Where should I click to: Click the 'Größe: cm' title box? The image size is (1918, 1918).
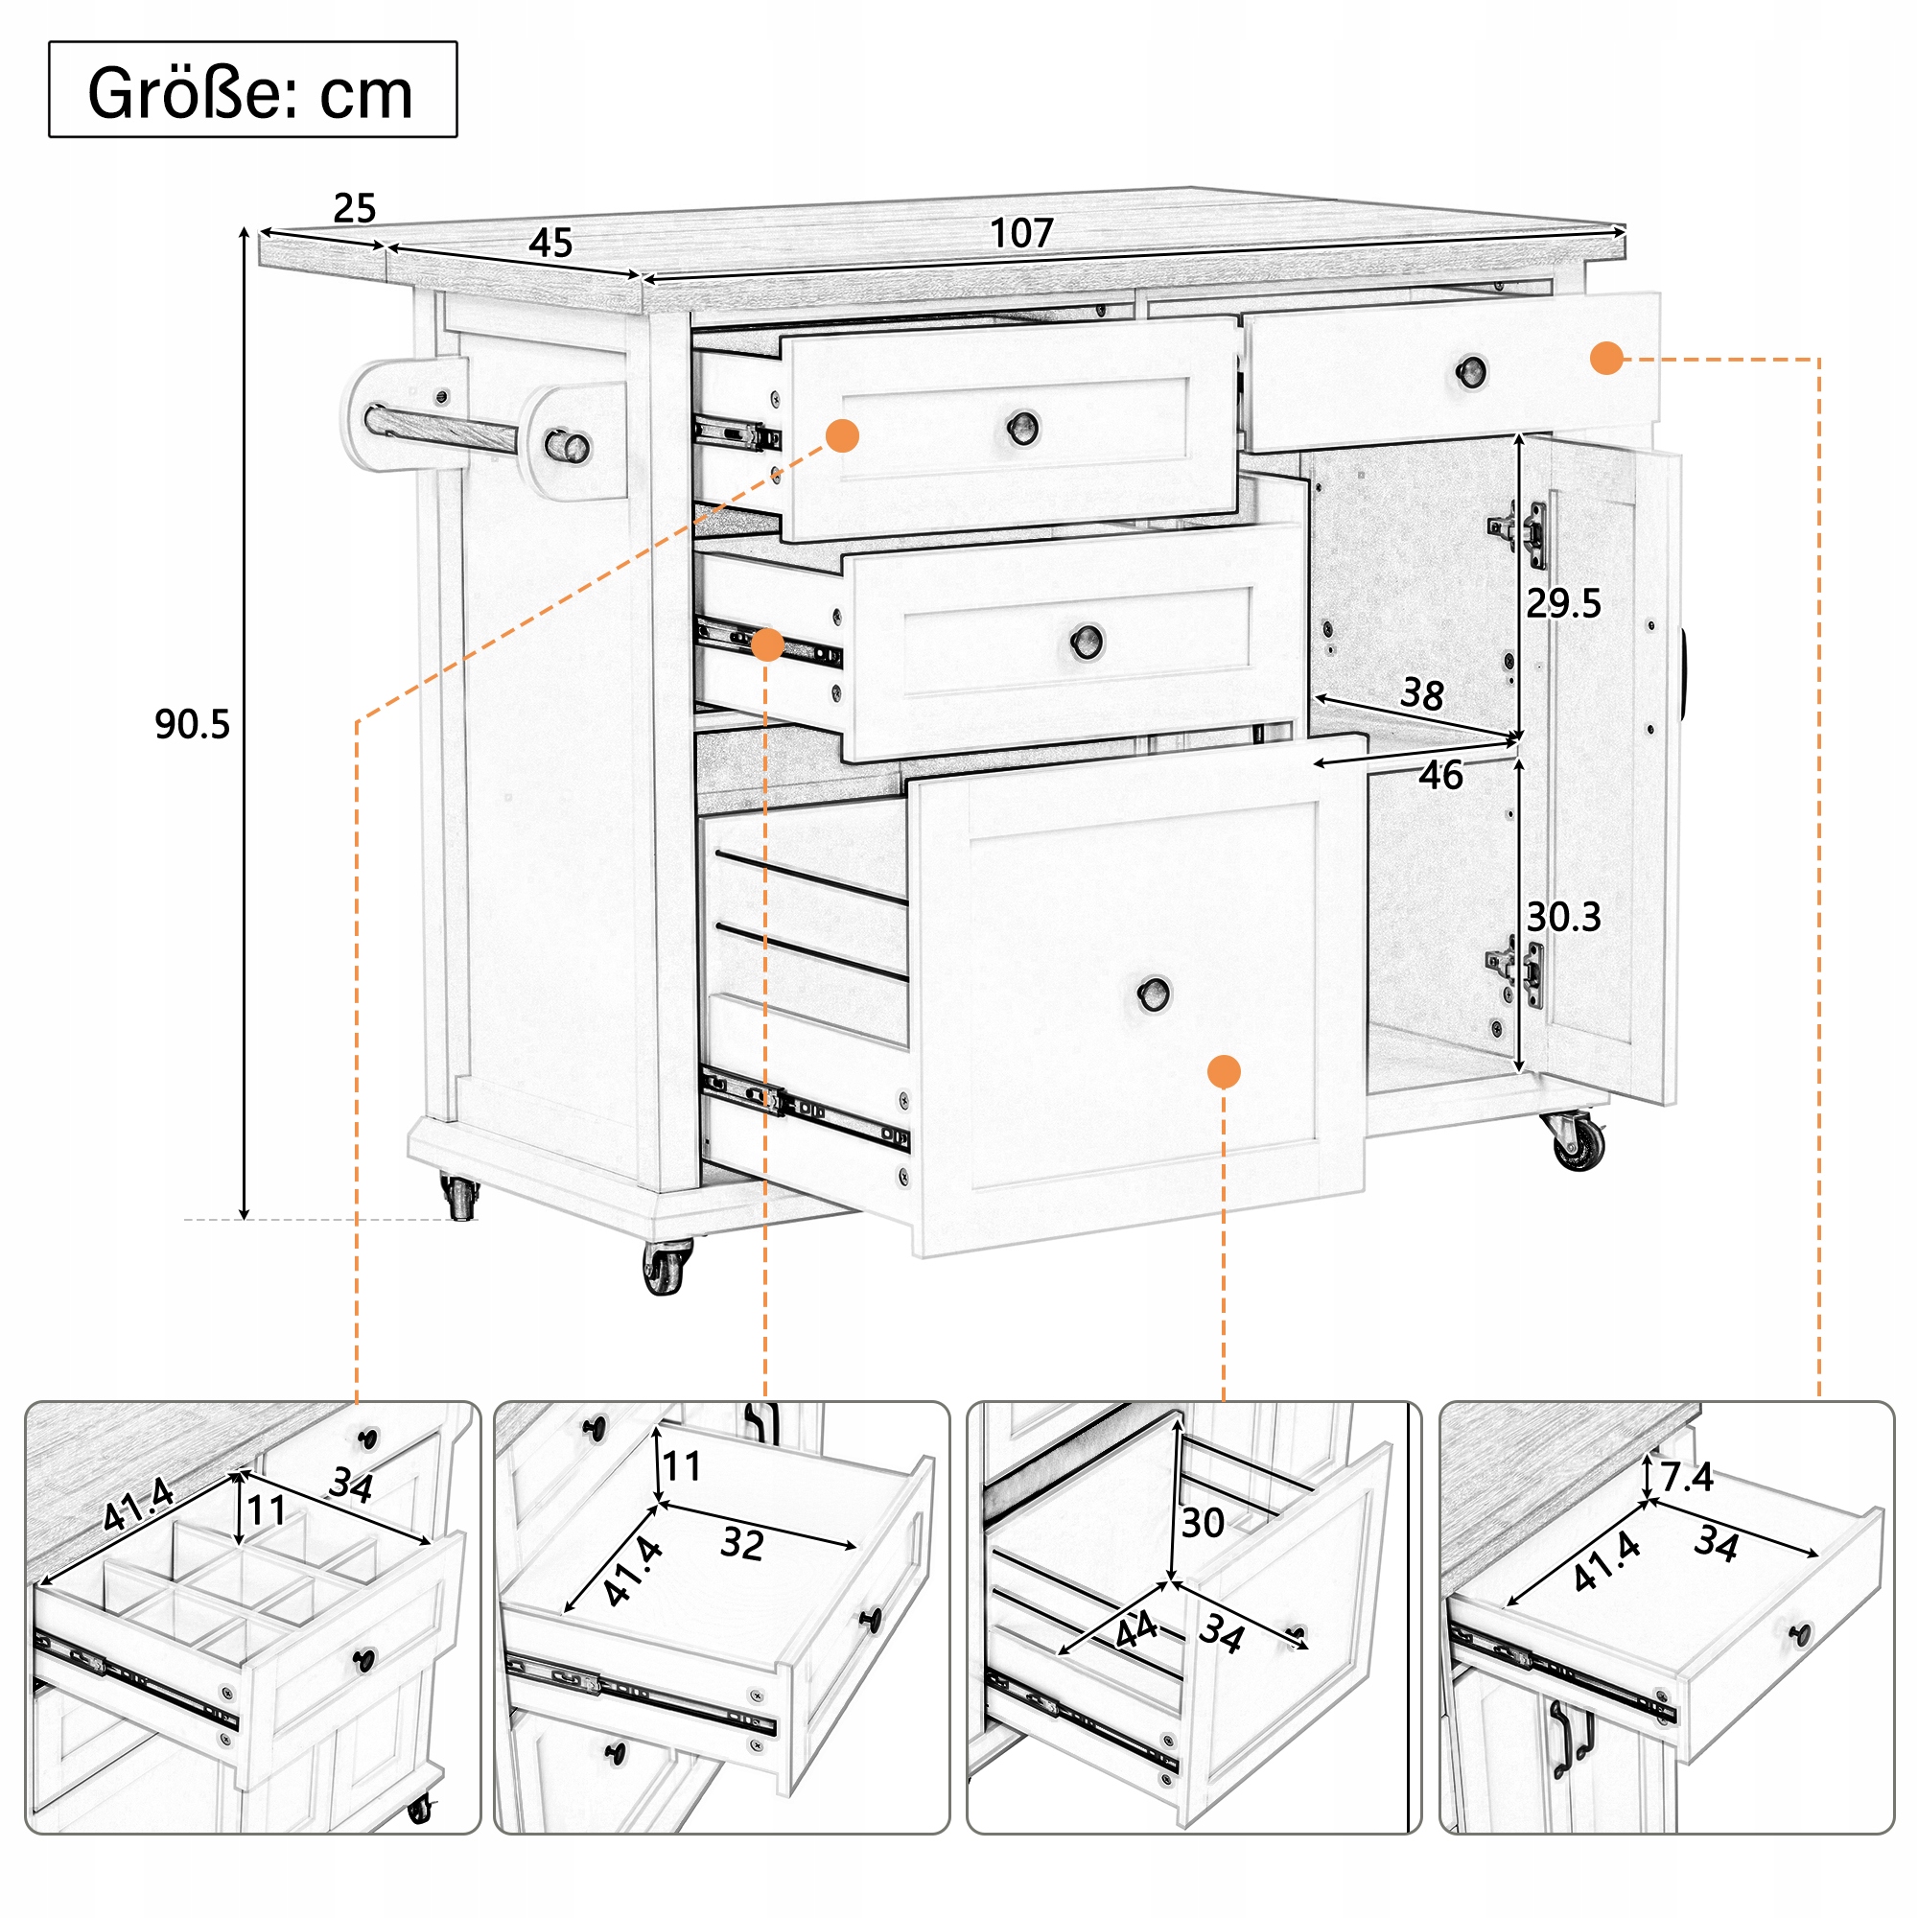point(252,89)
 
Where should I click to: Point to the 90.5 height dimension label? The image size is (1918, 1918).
point(192,725)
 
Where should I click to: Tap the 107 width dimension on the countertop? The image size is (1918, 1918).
point(1020,234)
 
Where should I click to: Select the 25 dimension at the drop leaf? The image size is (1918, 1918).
point(355,208)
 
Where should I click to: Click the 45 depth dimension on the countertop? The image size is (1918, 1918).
point(550,244)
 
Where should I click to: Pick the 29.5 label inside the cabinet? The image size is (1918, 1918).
point(1563,603)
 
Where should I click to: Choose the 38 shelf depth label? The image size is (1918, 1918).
point(1421,694)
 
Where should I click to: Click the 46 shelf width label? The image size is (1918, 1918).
point(1439,775)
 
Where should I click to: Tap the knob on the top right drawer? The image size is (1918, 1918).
point(1470,372)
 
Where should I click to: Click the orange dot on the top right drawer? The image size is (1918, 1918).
point(1606,359)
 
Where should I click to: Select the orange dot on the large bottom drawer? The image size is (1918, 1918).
point(1223,1072)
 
